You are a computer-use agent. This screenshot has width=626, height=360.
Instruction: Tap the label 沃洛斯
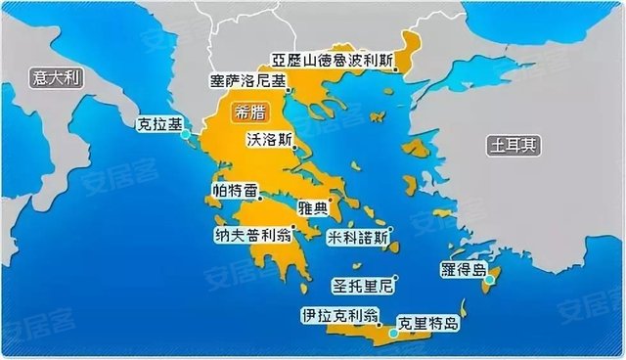269,139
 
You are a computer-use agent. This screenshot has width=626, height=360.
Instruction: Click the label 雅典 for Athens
311,207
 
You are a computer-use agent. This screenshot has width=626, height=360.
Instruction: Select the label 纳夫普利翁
252,236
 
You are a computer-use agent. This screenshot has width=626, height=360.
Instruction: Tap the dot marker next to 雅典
331,202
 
